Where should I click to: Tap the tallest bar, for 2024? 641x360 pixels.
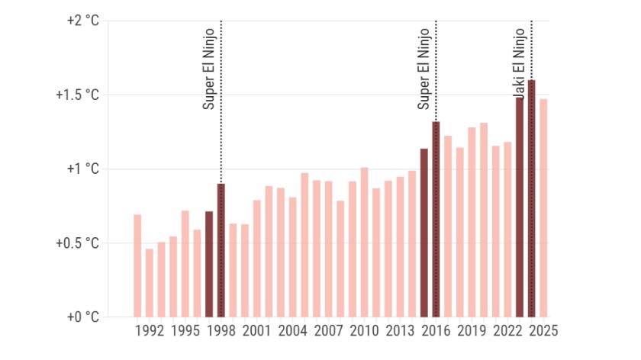pyautogui.click(x=531, y=198)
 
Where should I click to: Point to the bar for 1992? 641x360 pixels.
pyautogui.click(x=150, y=282)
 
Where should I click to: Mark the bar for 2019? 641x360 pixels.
pyautogui.click(x=472, y=222)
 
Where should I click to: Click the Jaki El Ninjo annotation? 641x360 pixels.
pyautogui.click(x=519, y=65)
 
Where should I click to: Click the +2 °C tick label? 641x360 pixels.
pyautogui.click(x=83, y=21)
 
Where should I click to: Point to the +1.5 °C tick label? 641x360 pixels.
pyautogui.click(x=78, y=95)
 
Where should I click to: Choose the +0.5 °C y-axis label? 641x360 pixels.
pyautogui.click(x=78, y=243)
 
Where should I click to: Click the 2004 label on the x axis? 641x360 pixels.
pyautogui.click(x=292, y=332)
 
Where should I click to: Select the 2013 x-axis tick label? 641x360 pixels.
pyautogui.click(x=400, y=332)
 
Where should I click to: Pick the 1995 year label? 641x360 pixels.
pyautogui.click(x=185, y=332)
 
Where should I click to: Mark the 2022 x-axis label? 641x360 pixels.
pyautogui.click(x=507, y=332)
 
